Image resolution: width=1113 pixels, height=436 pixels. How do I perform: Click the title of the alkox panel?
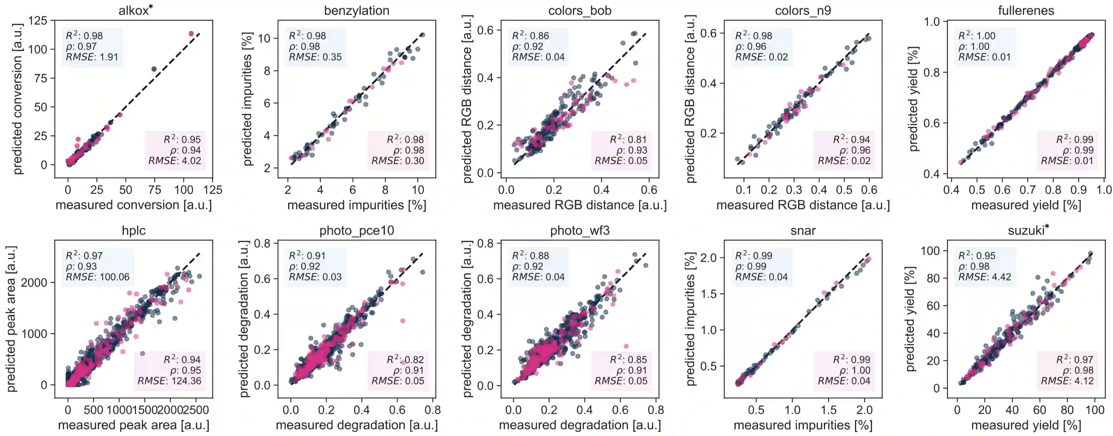click(135, 10)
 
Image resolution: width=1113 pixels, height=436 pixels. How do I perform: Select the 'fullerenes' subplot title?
click(1026, 10)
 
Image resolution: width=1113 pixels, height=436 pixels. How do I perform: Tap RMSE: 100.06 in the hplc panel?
click(97, 277)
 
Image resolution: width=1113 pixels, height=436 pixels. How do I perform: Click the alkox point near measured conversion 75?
click(154, 69)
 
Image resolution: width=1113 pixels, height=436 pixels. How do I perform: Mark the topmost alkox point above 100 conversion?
click(191, 34)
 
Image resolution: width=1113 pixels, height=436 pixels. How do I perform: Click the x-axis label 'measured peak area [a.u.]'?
click(134, 425)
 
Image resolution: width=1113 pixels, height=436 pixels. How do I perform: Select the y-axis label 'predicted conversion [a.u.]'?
click(18, 99)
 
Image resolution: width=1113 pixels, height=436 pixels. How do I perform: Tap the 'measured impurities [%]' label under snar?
click(803, 425)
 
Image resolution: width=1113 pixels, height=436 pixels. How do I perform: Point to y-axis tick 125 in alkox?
click(38, 20)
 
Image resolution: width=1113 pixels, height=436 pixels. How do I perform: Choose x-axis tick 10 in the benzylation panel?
click(417, 190)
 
